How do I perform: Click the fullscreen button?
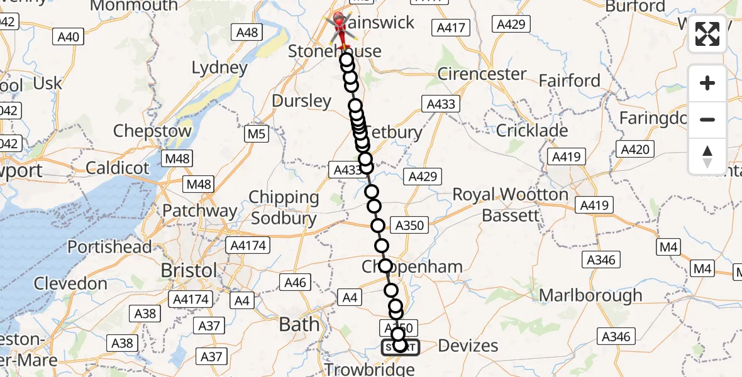coord(707,34)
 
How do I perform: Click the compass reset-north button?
coord(707,156)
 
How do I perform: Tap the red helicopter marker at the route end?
coord(340,26)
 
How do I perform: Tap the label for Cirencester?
coord(482,74)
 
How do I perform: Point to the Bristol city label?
coord(189,270)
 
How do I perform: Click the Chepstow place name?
coord(152,131)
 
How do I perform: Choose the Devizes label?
coord(468,345)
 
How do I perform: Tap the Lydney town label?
coord(219,68)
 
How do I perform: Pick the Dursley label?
coord(301,101)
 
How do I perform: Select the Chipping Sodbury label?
coord(284,207)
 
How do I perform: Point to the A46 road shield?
coord(296,283)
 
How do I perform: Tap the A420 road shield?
coord(636,149)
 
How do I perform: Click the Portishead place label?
coord(109,247)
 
